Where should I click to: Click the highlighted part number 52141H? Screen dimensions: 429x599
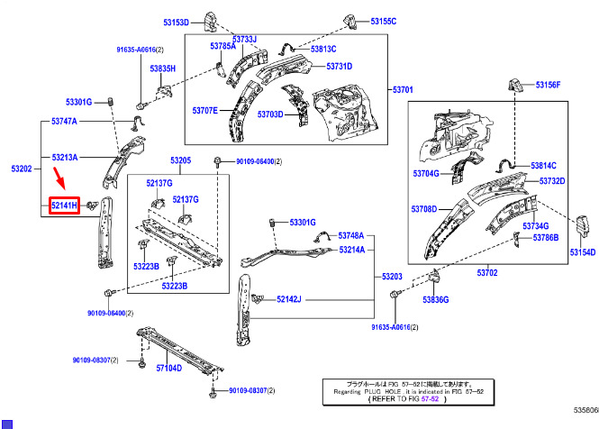[65, 207]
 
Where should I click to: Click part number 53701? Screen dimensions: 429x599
[402, 90]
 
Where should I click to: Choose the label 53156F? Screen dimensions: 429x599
[548, 85]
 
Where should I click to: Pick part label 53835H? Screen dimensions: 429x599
[163, 68]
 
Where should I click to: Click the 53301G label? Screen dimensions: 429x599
[79, 101]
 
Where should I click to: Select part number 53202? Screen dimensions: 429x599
[22, 169]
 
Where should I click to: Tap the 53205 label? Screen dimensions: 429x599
[181, 160]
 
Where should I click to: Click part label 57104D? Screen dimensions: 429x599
[169, 368]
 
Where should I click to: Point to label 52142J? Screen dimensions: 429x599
[289, 298]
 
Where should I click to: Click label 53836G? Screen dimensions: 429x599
[436, 299]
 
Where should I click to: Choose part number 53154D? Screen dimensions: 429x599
[583, 253]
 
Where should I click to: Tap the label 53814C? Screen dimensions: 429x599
[543, 166]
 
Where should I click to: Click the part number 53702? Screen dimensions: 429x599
[487, 272]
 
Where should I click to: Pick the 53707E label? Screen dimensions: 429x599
[204, 111]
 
